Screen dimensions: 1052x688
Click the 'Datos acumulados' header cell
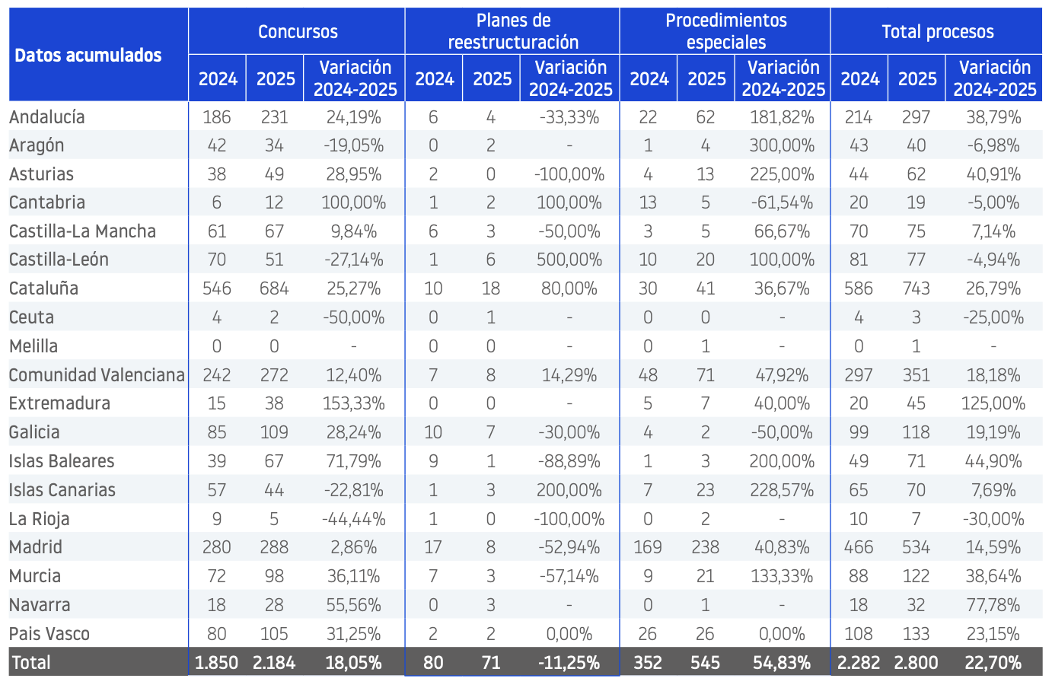click(88, 56)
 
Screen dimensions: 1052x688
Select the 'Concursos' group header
click(298, 31)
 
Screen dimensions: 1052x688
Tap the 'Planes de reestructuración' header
click(513, 31)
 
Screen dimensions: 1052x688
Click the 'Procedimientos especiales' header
click(726, 31)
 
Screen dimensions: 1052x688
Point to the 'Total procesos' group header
click(938, 31)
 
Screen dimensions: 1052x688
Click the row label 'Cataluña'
click(43, 288)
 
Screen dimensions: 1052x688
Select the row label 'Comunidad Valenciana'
click(97, 374)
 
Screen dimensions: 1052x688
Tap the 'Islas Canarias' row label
click(62, 490)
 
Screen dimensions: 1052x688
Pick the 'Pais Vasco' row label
click(49, 633)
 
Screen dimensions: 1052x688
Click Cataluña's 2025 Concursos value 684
click(274, 288)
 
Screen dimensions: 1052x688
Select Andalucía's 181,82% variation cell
click(782, 117)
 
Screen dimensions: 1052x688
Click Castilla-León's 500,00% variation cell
click(569, 260)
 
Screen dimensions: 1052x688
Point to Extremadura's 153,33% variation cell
click(354, 403)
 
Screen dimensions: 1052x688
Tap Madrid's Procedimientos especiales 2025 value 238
click(706, 547)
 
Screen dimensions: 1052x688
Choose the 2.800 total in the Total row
click(917, 663)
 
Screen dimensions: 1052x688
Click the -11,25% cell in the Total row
click(569, 663)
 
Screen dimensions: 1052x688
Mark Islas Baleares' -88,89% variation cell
click(569, 461)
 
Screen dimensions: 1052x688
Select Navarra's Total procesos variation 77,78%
click(993, 605)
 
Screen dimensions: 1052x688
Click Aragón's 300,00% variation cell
click(782, 145)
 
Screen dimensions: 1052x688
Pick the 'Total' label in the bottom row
click(31, 663)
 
